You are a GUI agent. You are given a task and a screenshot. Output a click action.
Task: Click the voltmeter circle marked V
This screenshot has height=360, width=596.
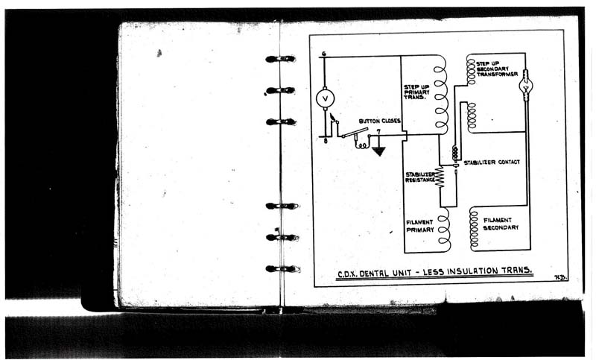(x=326, y=98)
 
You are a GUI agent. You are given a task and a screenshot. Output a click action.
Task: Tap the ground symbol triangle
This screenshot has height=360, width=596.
(x=379, y=151)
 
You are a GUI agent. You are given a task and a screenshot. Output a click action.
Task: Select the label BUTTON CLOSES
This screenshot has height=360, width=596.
(x=380, y=121)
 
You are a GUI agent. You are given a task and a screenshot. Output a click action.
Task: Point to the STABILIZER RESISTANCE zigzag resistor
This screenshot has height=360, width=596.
(x=440, y=177)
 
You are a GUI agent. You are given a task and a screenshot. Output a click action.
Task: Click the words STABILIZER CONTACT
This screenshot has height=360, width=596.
(x=492, y=162)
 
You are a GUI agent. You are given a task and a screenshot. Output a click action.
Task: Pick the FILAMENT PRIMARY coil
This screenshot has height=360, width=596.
(x=444, y=230)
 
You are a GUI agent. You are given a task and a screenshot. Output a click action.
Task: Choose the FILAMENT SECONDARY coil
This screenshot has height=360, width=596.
(x=473, y=228)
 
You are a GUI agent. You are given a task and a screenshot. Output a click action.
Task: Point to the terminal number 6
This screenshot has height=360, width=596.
(x=324, y=53)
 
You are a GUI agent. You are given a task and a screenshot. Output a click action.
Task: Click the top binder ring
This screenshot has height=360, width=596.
(x=280, y=59)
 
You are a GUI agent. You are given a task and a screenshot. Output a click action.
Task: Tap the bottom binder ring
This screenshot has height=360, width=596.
(x=282, y=268)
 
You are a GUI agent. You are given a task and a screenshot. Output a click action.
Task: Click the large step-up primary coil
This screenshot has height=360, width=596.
(x=441, y=94)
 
